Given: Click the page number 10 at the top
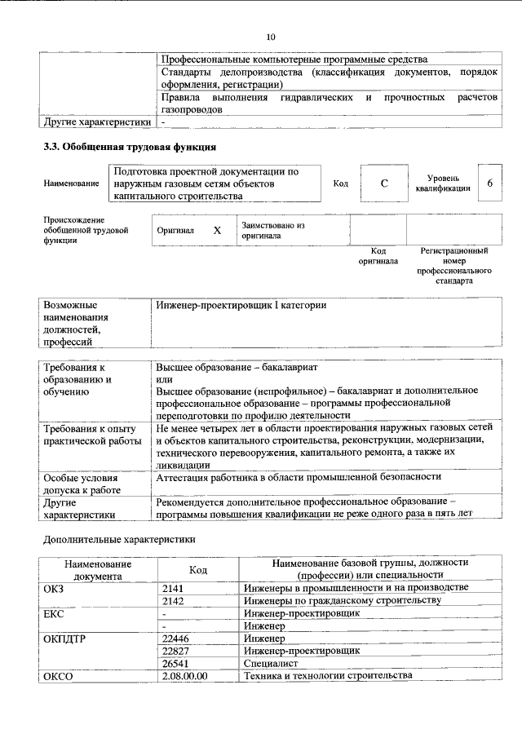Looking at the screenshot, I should pos(271,37).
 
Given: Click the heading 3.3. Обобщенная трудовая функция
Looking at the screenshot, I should pos(130,148).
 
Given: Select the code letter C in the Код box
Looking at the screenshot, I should pos(383,184).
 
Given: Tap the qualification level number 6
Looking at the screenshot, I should pos(490,183).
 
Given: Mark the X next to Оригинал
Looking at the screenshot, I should pos(217,231).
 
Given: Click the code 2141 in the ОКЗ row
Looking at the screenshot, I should pos(174,587).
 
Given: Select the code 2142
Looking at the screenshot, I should pos(174,600).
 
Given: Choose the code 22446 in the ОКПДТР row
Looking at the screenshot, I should pos(176,639).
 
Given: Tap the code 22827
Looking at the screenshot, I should pos(176,651).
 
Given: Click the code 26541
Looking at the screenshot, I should pos(176,664).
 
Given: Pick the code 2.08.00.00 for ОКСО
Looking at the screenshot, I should pos(185,676).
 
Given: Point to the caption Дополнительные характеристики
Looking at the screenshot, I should pos(118,539).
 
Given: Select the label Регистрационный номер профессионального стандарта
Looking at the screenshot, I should pos(453,265).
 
